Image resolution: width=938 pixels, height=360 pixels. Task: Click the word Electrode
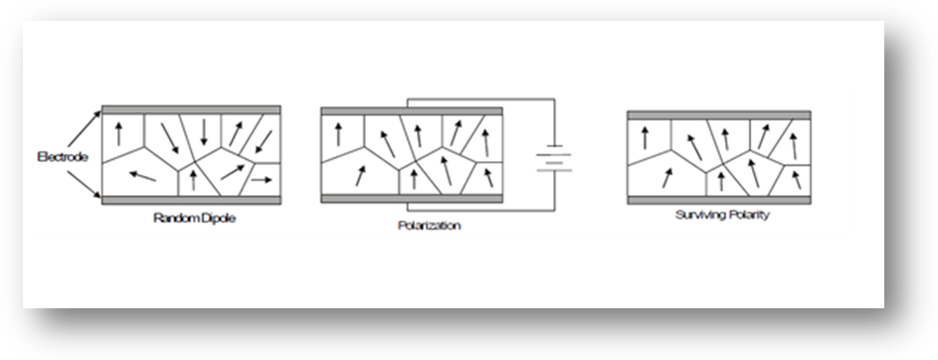point(63,157)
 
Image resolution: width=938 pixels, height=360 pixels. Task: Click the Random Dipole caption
point(194,218)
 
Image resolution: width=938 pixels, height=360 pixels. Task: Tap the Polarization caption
point(430,226)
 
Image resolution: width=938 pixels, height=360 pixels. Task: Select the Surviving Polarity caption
point(722,215)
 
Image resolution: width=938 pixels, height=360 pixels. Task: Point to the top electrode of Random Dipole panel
point(191,110)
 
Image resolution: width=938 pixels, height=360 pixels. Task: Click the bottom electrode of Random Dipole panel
point(191,200)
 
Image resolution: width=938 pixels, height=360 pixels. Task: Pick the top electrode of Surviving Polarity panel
point(719,114)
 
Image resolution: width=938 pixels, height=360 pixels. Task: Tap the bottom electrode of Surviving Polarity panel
point(719,200)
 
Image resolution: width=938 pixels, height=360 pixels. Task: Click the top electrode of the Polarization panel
point(412,111)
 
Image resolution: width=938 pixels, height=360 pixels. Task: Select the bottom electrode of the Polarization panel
point(412,199)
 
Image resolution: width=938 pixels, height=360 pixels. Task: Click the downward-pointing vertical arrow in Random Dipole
point(204,131)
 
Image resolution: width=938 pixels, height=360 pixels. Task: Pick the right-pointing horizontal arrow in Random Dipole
point(261,179)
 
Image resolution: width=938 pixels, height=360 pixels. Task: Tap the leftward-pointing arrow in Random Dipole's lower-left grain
point(142,176)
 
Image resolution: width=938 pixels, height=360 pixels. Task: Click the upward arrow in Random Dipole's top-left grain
point(118,133)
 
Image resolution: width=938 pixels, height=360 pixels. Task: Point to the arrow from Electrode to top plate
point(84,128)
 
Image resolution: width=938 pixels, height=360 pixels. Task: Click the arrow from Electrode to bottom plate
point(84,184)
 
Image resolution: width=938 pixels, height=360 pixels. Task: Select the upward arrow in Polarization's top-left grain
point(338,134)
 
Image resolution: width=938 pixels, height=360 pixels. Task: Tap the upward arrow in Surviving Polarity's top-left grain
point(645,137)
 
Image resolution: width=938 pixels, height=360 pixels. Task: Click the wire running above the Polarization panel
point(481,99)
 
